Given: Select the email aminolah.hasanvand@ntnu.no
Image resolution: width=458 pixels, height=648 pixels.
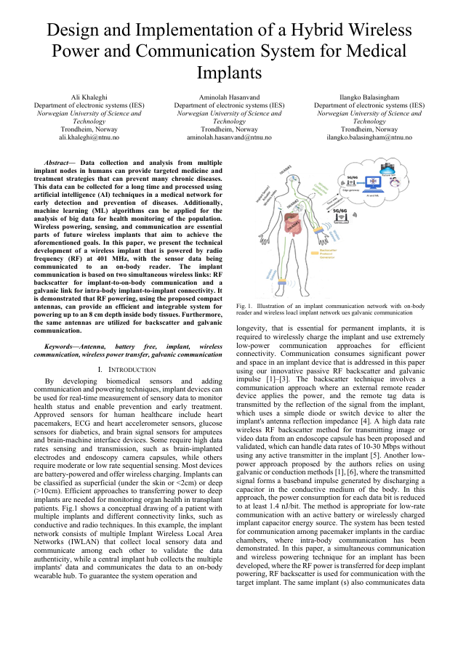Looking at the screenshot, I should [x=229, y=137].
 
